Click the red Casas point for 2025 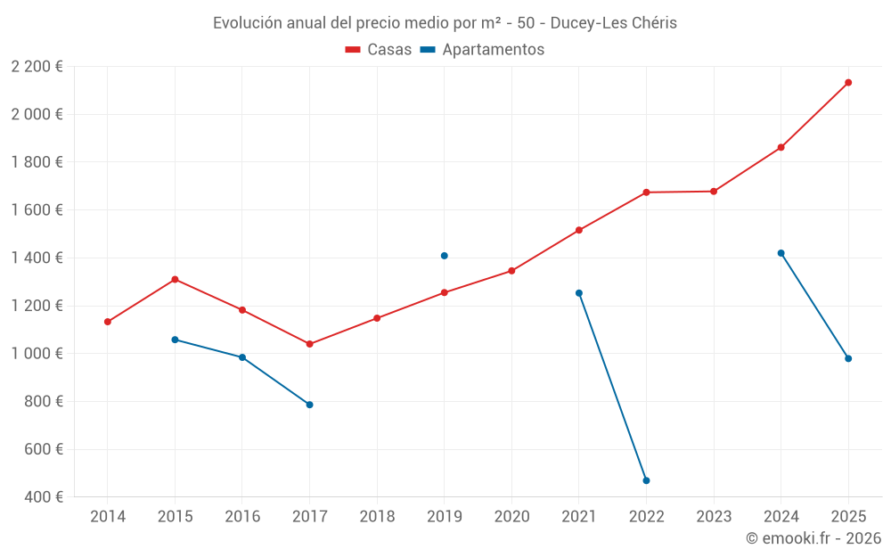coord(848,83)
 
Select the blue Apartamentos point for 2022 coord(646,480)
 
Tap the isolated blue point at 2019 coord(444,256)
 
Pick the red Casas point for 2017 coord(309,344)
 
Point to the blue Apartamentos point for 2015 coord(175,340)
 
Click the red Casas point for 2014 coord(108,322)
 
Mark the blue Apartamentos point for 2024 coord(781,253)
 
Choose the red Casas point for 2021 coord(579,230)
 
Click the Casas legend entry coord(379,50)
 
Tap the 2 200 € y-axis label coord(37,66)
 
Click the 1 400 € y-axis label coord(37,258)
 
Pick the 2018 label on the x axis coord(377,516)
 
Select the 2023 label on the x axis coord(714,516)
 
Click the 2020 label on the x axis coord(511,516)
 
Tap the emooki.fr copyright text coord(813,538)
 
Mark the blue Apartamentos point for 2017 coord(309,405)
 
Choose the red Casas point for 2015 coord(175,279)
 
